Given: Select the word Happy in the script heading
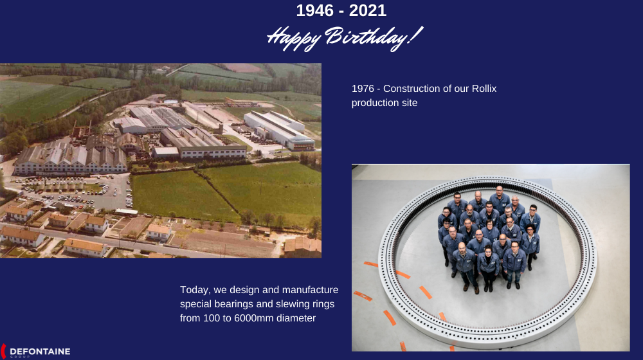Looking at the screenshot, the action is (294, 39).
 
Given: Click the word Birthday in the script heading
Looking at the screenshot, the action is (373, 38).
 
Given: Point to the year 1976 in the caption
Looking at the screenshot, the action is (363, 89).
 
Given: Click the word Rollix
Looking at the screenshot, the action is (484, 89).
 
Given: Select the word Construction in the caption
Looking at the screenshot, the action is (415, 89).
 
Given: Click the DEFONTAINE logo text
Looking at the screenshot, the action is (40, 352).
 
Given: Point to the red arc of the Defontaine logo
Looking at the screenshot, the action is (3, 352).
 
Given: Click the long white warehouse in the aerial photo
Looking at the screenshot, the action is (279, 130).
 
